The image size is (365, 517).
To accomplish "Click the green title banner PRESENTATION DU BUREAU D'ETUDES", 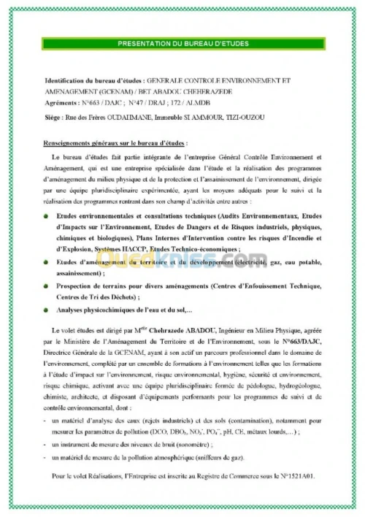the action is (182, 45).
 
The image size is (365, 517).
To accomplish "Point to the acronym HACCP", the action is (137, 249).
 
